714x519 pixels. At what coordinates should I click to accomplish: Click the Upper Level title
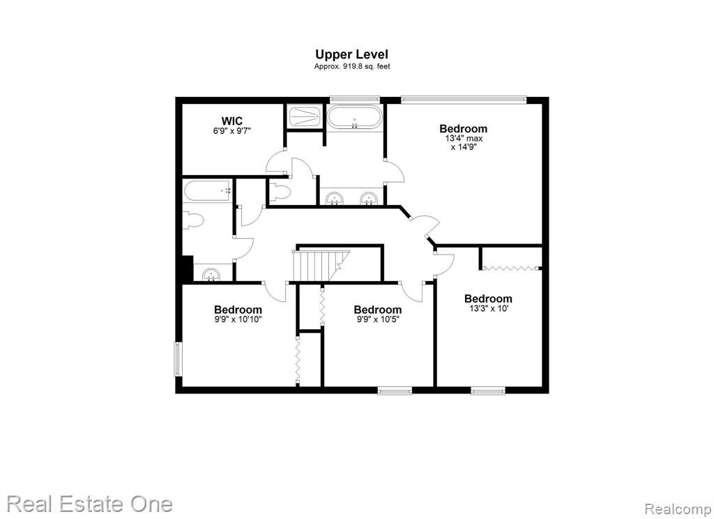pyautogui.click(x=351, y=54)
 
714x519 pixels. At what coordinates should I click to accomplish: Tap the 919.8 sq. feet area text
pyautogui.click(x=366, y=66)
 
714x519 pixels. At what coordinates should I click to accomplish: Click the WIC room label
pyautogui.click(x=231, y=121)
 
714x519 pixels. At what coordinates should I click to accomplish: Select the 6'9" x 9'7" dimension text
pyautogui.click(x=231, y=130)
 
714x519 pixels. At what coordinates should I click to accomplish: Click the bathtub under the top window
pyautogui.click(x=354, y=116)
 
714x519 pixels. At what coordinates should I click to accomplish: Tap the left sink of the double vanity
pyautogui.click(x=335, y=199)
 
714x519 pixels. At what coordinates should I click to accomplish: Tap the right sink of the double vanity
pyautogui.click(x=368, y=199)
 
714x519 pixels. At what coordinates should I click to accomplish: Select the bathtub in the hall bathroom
pyautogui.click(x=208, y=191)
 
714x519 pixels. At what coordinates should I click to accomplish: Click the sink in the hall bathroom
pyautogui.click(x=211, y=275)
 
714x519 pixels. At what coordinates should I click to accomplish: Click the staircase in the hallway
pyautogui.click(x=321, y=266)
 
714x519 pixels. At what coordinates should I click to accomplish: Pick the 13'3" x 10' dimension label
pyautogui.click(x=488, y=308)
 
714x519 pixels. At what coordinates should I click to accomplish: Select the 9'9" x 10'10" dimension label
pyautogui.click(x=238, y=319)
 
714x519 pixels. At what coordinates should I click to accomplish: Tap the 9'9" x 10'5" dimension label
pyautogui.click(x=377, y=319)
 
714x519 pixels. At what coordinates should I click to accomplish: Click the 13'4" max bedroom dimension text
pyautogui.click(x=463, y=139)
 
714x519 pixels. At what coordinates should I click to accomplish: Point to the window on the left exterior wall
pyautogui.click(x=177, y=359)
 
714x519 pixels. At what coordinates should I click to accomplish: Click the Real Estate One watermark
pyautogui.click(x=90, y=504)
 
